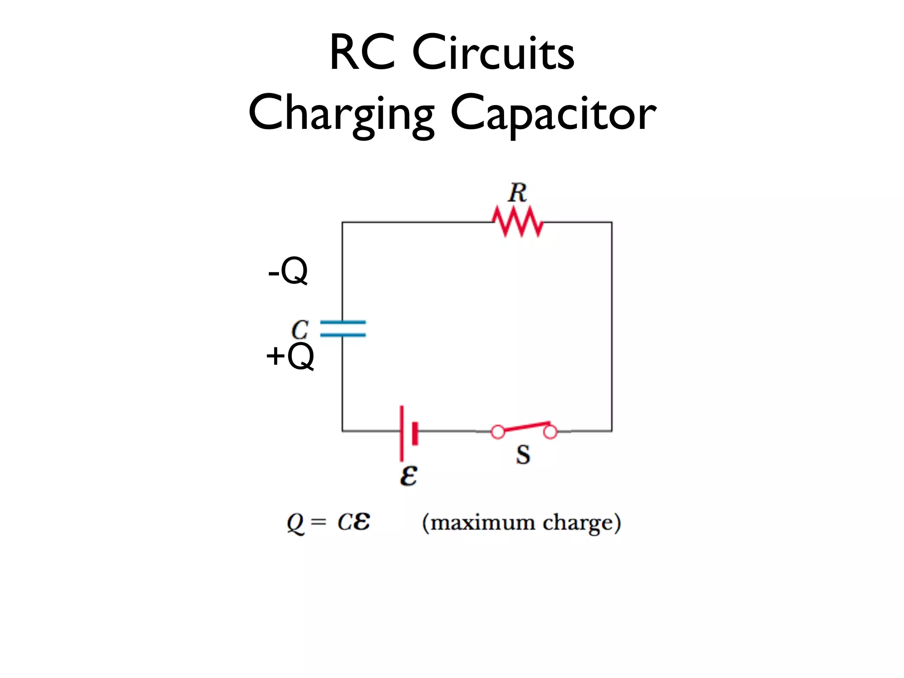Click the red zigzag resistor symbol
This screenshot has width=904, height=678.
point(518,222)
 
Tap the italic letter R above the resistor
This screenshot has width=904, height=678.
point(517,193)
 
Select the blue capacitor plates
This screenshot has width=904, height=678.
point(343,329)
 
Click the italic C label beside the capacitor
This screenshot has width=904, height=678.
point(300,330)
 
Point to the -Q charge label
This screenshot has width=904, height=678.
point(288,271)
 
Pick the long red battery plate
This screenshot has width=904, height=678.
point(402,433)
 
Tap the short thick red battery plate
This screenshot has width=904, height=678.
point(415,433)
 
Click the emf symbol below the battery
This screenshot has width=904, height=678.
point(408,476)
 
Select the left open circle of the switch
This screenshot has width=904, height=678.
point(498,432)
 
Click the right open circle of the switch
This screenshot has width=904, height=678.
point(550,432)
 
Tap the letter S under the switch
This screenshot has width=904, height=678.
point(523,455)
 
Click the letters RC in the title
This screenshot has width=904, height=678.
point(362,53)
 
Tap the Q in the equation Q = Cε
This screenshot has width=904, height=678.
point(295,523)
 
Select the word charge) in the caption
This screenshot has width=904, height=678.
point(581,523)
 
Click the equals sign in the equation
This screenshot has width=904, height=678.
point(318,523)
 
